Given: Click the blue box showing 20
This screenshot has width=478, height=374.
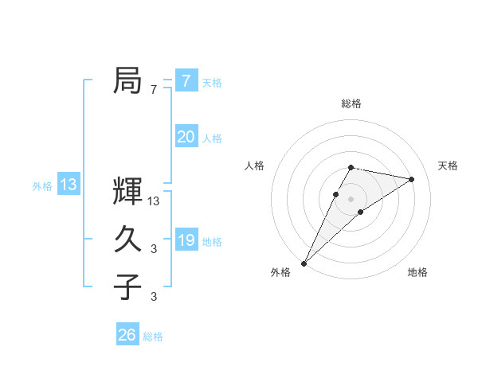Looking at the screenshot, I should tap(186, 137).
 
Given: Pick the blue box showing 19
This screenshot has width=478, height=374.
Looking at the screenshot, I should tap(186, 240).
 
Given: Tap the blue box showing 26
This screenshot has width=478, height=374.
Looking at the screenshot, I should tap(127, 335).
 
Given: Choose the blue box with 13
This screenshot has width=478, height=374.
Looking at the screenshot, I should tap(69, 185).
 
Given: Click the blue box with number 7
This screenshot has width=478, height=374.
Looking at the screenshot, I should tap(186, 81).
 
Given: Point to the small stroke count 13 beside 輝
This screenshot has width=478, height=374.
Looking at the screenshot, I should tap(155, 202).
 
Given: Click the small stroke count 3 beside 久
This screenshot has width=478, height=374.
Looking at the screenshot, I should tap(154, 249).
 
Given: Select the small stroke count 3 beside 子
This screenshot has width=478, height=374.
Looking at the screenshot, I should tap(154, 297).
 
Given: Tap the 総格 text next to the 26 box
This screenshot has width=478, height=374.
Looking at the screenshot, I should tap(153, 337).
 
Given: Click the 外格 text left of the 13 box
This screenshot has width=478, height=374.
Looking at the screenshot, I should tap(42, 186).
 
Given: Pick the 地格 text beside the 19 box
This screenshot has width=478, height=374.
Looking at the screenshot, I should tap(213, 242).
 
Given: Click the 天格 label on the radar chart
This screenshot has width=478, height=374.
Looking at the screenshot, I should tap(448, 166).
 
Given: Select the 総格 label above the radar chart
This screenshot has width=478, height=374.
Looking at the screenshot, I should tap(351, 104).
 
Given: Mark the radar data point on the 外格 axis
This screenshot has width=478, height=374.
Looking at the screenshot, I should tap(304, 263).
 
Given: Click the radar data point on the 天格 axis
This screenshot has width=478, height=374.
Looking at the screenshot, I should tap(411, 179).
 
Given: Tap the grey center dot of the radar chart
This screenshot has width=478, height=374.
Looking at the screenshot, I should tap(351, 198).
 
